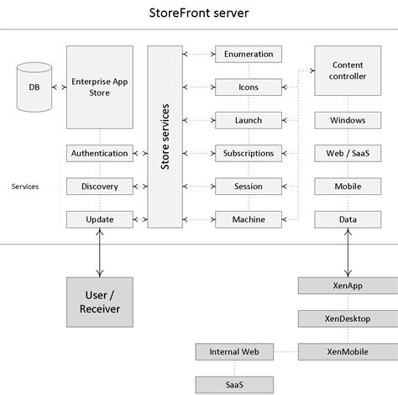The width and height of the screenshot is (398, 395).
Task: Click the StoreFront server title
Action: pos(198,13)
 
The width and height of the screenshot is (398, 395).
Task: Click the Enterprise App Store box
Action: pos(99,87)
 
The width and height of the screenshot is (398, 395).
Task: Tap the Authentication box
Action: pos(99,154)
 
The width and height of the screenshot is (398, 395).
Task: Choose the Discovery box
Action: pos(99,187)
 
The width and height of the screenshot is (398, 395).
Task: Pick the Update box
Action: pos(99,219)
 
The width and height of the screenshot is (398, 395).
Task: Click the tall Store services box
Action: pos(165,137)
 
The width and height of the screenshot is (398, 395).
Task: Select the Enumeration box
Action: pos(248,55)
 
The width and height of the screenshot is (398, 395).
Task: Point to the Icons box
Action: pos(248,87)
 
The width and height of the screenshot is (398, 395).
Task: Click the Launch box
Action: pos(248,120)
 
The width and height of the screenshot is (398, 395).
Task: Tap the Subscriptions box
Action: pos(248,154)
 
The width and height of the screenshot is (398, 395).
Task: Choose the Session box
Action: pos(248,187)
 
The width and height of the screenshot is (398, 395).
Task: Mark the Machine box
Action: pos(248,219)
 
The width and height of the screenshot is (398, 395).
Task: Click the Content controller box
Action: pos(347,71)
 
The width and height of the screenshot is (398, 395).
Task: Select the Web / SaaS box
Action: pos(347,154)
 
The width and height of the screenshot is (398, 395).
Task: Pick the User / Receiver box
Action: pos(99,302)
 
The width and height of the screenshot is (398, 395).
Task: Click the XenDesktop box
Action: pos(347,319)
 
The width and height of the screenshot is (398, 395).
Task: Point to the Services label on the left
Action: pos(24,187)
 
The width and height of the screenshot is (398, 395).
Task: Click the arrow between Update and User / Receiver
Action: pos(99,252)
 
